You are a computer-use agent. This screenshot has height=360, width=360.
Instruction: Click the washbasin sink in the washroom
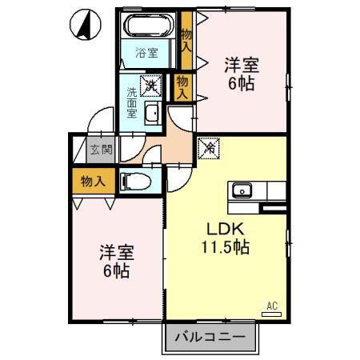pos(152,113)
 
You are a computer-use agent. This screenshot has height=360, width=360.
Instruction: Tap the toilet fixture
pos(137,181)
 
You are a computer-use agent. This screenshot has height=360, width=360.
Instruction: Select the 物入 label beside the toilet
pos(94,182)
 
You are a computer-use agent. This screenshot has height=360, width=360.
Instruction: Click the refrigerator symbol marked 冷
pos(207,148)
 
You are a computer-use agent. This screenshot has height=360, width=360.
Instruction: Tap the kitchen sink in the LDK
pos(242,190)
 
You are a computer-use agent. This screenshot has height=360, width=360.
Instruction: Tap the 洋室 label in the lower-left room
pos(115,252)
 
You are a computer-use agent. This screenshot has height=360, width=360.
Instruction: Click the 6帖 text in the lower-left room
pos(115,270)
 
